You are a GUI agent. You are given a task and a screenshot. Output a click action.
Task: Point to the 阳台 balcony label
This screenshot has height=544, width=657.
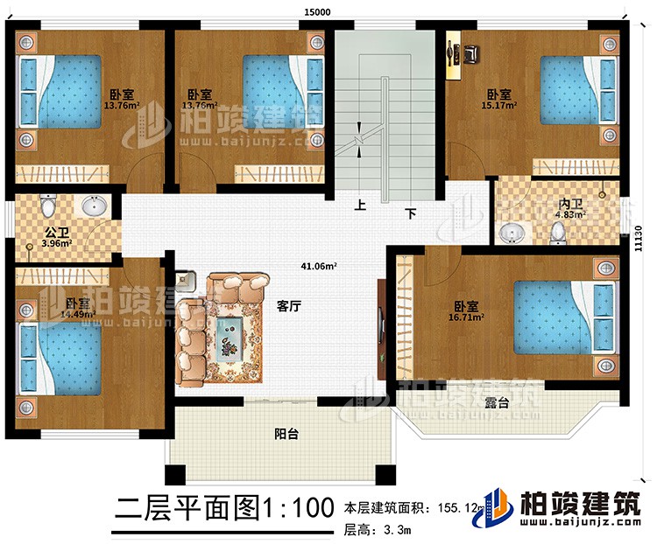click(282, 433)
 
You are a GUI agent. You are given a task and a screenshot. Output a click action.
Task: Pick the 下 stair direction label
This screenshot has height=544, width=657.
click(409, 213)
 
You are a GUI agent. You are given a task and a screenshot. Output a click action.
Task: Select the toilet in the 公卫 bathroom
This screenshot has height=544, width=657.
click(47, 208)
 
